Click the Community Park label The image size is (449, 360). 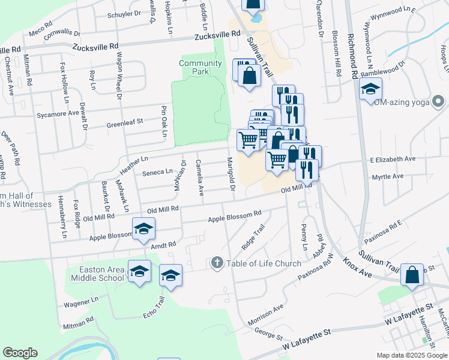[200, 67]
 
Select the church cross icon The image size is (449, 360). [217, 263]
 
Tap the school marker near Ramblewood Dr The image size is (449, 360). [371, 90]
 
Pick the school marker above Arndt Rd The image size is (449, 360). [143, 229]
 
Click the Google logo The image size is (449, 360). [20, 353]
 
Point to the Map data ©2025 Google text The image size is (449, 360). [411, 355]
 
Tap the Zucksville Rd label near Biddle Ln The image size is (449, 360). [217, 36]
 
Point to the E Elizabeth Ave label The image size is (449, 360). [393, 160]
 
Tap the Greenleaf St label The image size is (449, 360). [125, 122]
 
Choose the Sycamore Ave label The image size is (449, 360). [58, 113]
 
